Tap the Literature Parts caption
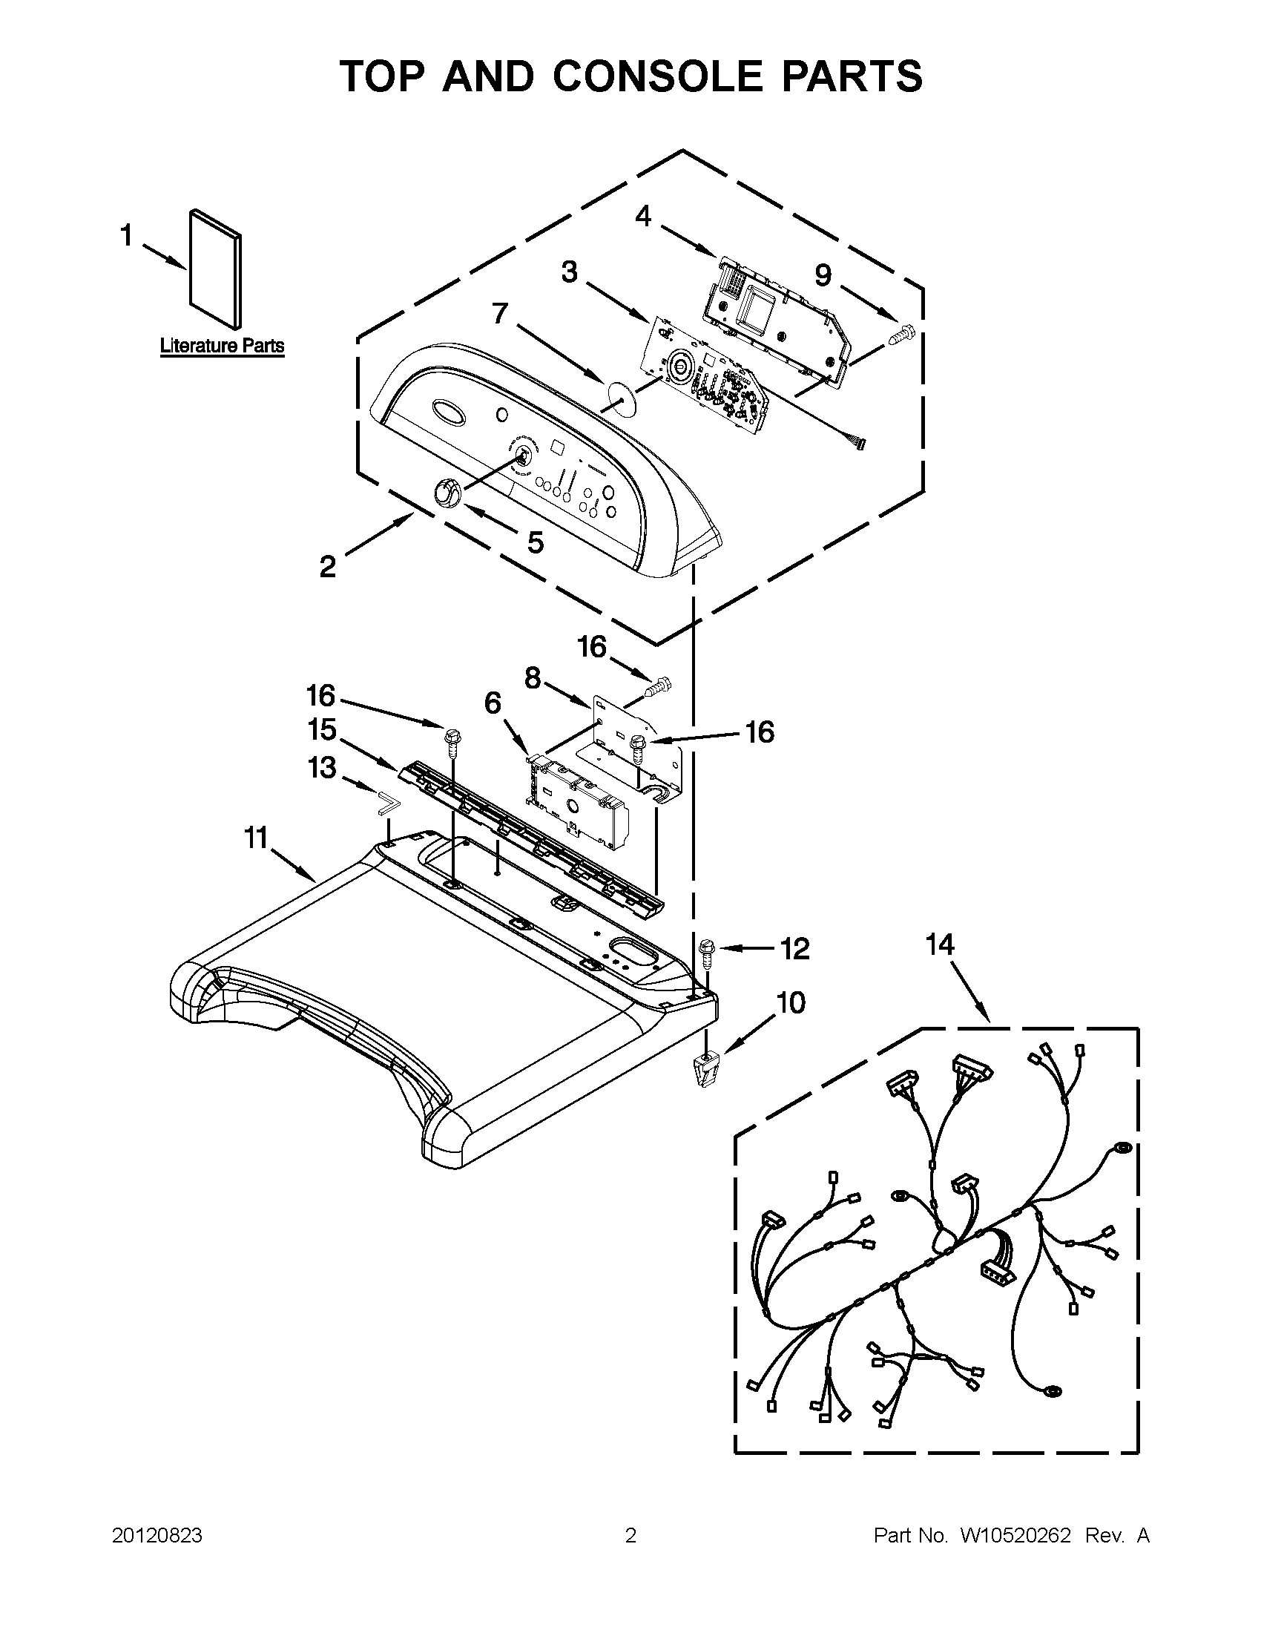(x=222, y=346)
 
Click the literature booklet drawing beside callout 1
(x=216, y=269)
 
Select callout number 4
(x=643, y=216)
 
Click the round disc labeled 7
(x=619, y=395)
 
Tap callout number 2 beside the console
(x=327, y=567)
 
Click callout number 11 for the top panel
(x=257, y=838)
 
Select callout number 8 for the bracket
(x=532, y=677)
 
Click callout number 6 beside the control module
(x=492, y=703)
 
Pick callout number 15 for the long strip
(x=322, y=729)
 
